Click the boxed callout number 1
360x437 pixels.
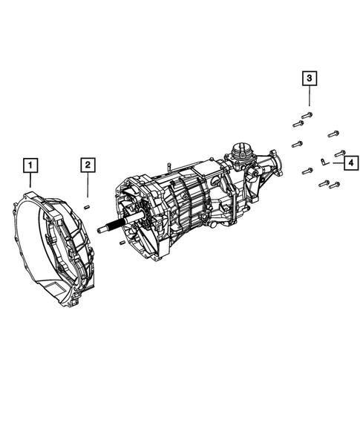click(x=30, y=165)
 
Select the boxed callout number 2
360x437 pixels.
click(x=88, y=165)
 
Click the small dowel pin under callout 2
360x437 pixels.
click(x=88, y=206)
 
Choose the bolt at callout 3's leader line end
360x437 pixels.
click(x=307, y=115)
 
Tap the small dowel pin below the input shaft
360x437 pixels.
click(x=120, y=240)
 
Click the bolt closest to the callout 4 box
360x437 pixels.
click(x=339, y=152)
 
